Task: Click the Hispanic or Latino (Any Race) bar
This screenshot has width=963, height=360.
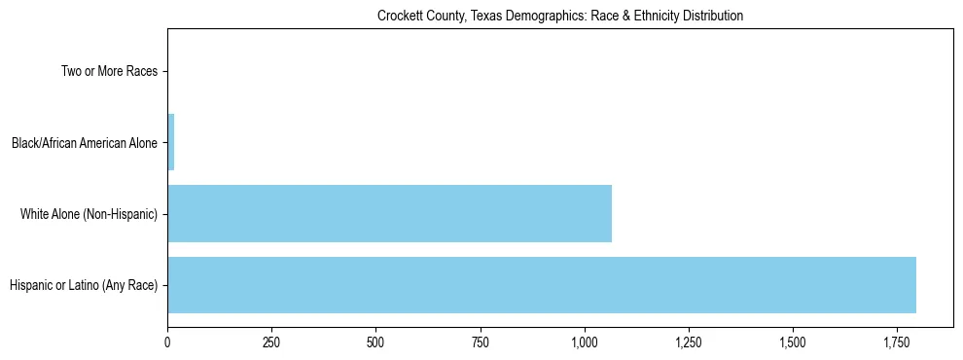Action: click(542, 285)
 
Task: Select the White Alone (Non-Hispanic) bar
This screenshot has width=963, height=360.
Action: click(389, 213)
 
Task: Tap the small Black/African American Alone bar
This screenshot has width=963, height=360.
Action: click(171, 142)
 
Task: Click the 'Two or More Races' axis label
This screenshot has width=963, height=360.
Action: click(109, 71)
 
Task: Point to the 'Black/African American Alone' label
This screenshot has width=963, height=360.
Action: click(85, 143)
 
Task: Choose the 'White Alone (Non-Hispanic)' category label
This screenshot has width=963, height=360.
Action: click(89, 214)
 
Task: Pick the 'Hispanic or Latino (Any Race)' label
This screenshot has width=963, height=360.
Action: click(84, 285)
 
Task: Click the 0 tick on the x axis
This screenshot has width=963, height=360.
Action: click(167, 342)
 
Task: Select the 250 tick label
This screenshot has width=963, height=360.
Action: click(271, 342)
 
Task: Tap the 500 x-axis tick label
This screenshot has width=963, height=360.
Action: click(375, 342)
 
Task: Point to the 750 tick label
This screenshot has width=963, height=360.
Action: click(480, 342)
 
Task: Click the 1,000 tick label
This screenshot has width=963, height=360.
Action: click(585, 342)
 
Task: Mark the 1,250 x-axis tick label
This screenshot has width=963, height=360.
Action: click(689, 342)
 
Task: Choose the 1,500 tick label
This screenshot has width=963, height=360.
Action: click(793, 342)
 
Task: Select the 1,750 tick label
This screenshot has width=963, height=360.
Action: click(897, 342)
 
